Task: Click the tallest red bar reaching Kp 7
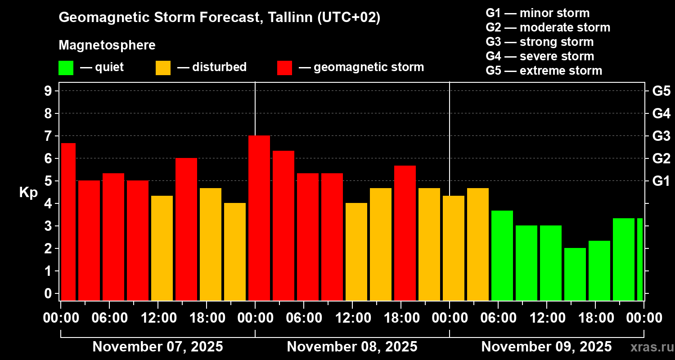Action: (259, 218)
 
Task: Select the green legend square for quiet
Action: (66, 68)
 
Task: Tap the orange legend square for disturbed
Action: (163, 68)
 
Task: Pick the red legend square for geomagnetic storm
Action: (284, 68)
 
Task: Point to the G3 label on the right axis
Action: (661, 136)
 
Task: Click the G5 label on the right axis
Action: (661, 91)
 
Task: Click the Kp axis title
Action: (28, 192)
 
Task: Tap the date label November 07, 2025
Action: (157, 347)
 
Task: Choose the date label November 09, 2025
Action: (546, 347)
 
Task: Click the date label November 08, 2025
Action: (352, 347)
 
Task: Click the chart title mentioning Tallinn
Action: (220, 18)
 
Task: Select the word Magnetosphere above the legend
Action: (107, 45)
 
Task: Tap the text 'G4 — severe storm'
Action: (540, 56)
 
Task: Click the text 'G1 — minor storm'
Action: (538, 13)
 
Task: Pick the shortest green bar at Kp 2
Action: (575, 274)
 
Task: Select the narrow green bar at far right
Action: (640, 259)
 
